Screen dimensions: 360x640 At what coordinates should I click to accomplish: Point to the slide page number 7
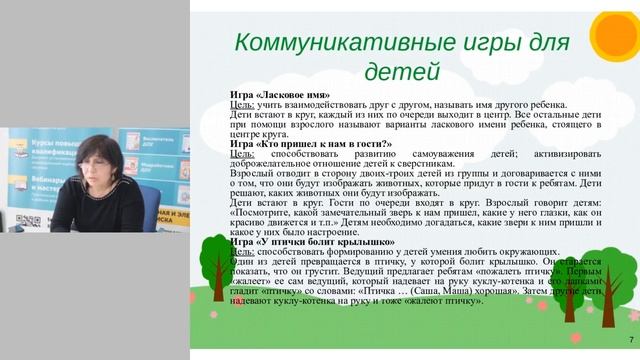click(629, 342)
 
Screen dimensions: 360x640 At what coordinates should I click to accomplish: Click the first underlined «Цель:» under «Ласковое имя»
click(241, 105)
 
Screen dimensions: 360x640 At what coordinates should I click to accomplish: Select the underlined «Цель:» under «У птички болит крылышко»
click(241, 250)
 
